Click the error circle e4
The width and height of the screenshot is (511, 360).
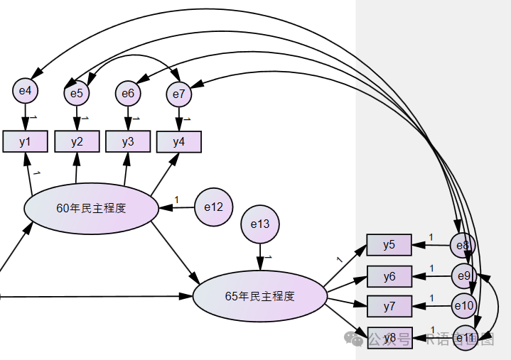coord(26,90)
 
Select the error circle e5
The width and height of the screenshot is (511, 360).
coord(76,92)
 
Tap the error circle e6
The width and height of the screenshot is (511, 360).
coord(128,92)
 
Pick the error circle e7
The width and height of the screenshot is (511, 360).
coord(178,94)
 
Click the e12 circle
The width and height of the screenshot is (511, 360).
coord(213,207)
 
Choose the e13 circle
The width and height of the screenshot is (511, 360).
coord(260,224)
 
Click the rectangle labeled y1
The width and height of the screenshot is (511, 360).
coord(26,141)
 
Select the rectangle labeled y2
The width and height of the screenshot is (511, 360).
coord(77,141)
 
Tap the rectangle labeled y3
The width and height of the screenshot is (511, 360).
coord(128,141)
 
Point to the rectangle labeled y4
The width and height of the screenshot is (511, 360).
coord(178,142)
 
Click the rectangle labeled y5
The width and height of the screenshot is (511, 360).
coord(389,245)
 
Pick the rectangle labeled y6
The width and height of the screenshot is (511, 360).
coord(389,276)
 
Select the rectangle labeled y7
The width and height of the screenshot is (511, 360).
coord(389,306)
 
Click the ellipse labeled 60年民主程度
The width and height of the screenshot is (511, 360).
coord(91,208)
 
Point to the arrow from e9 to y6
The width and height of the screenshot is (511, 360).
coord(432,276)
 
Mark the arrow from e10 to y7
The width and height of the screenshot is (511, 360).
coord(432,306)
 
